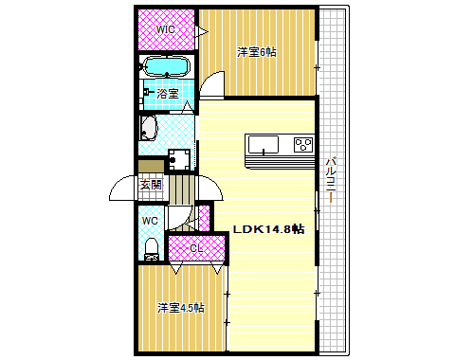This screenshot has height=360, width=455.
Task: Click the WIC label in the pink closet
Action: (166, 29)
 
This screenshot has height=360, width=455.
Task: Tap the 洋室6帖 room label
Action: (257, 52)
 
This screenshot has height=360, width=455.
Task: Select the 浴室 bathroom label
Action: (168, 94)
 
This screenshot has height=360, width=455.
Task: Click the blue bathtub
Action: (167, 66)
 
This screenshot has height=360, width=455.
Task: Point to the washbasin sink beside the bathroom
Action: (148, 128)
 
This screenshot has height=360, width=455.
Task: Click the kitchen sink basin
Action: (264, 145)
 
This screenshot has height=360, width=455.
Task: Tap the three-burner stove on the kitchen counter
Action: (303, 145)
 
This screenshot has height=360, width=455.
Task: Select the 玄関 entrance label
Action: (151, 185)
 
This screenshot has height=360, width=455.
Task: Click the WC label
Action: (150, 221)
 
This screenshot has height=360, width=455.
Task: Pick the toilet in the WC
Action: (152, 249)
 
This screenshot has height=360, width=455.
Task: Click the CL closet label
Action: (196, 248)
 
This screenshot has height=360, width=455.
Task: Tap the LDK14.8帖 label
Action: (268, 229)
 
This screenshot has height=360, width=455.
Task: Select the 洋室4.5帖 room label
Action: (181, 308)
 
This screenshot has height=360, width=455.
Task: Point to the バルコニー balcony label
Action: (331, 180)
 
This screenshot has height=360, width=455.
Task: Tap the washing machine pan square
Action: (179, 160)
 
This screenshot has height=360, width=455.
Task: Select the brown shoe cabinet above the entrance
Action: (152, 166)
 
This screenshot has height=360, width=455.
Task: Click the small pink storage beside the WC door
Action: (204, 218)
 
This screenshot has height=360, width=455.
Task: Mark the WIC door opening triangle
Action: (201, 31)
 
